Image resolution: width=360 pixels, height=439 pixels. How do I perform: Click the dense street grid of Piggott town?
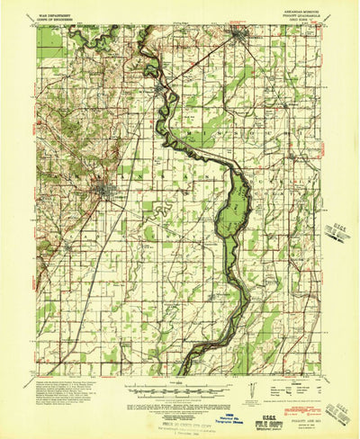point(107,190)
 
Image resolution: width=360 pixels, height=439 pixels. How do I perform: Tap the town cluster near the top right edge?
point(241,38)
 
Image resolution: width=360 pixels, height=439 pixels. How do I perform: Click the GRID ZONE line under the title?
point(297,22)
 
